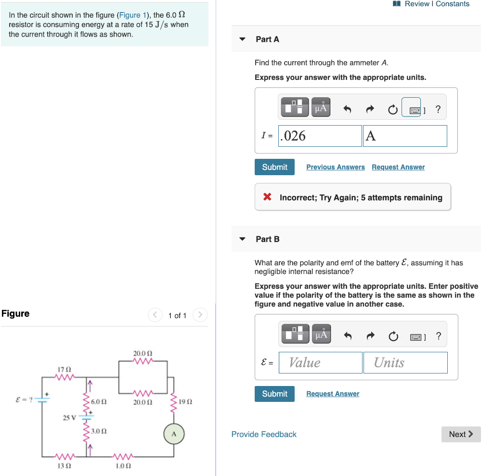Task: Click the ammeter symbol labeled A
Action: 174,434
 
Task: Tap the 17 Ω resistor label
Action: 64,369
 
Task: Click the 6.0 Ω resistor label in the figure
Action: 98,401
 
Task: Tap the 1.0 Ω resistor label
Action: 124,466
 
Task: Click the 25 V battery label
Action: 69,417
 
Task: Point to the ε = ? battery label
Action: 24,399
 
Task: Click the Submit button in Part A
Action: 274,167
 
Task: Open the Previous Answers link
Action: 336,167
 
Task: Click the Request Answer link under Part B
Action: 333,394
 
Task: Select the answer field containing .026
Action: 320,136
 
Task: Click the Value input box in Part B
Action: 320,362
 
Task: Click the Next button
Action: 461,434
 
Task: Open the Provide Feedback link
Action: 264,434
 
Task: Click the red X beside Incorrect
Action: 267,197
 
